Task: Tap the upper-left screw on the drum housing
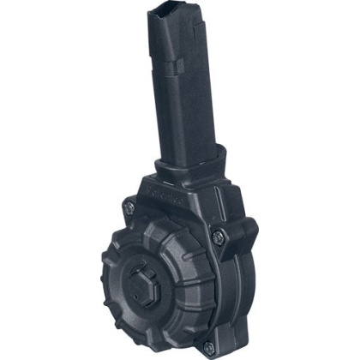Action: coord(129,207)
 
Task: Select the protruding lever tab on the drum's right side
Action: coord(245,231)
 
